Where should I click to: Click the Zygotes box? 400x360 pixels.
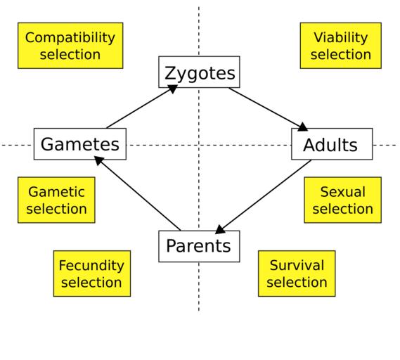[199, 72]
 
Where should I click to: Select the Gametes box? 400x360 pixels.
[80, 144]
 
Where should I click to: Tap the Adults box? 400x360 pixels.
[332, 144]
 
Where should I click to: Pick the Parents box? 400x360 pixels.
[199, 246]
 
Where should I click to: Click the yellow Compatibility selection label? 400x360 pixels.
[70, 46]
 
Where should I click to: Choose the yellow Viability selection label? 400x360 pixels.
[341, 46]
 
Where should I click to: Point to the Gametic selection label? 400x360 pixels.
[56, 200]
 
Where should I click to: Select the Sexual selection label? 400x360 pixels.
[343, 200]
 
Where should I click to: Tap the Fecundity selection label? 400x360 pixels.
[92, 274]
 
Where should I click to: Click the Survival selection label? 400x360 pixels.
[297, 274]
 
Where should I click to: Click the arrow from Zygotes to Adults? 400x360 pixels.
[269, 109]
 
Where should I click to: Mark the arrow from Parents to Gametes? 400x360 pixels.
[138, 193]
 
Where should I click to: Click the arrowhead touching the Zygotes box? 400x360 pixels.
[172, 89]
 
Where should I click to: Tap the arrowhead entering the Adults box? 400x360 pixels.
[302, 127]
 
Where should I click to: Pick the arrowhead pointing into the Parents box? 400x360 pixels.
[219, 230]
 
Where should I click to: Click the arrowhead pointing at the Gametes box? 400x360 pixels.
[98, 160]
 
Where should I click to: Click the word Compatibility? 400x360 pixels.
[70, 38]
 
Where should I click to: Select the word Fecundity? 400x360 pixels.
[91, 265]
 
